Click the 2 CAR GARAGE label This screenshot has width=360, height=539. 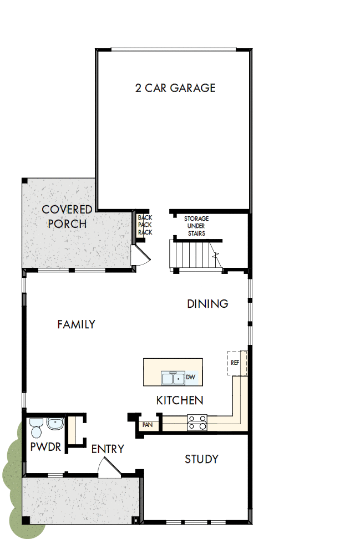[175, 88]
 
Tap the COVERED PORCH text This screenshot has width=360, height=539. [67, 217]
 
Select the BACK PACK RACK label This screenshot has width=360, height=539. [145, 225]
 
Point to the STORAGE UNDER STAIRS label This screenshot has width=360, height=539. [196, 226]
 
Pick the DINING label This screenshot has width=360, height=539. [207, 304]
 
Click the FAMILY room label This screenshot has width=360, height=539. [76, 324]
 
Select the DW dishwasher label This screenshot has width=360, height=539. [190, 378]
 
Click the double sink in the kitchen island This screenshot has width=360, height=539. [173, 378]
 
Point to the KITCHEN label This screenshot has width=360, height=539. [179, 400]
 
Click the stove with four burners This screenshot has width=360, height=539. [197, 423]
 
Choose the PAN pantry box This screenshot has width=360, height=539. [147, 425]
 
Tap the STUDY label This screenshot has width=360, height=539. [201, 459]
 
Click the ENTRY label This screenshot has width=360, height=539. [108, 449]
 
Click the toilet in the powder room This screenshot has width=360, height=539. [37, 429]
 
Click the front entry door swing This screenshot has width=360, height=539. [109, 469]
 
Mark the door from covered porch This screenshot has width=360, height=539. [139, 257]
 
